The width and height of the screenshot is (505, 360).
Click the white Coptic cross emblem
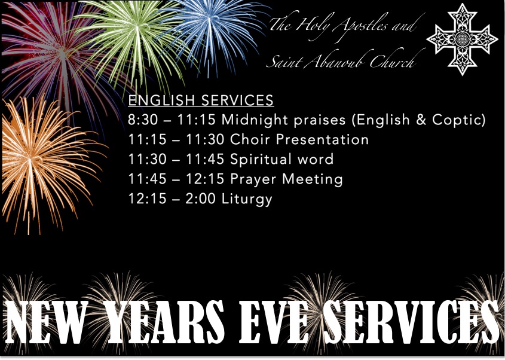click(462, 39)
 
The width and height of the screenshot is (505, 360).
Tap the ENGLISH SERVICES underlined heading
click(201, 100)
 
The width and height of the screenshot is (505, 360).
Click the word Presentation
click(322, 139)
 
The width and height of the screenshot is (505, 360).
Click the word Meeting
click(313, 179)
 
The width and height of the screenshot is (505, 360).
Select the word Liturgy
click(247, 199)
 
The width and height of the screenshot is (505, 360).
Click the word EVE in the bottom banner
click(274, 322)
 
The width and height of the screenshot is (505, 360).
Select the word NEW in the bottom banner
click(47, 322)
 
